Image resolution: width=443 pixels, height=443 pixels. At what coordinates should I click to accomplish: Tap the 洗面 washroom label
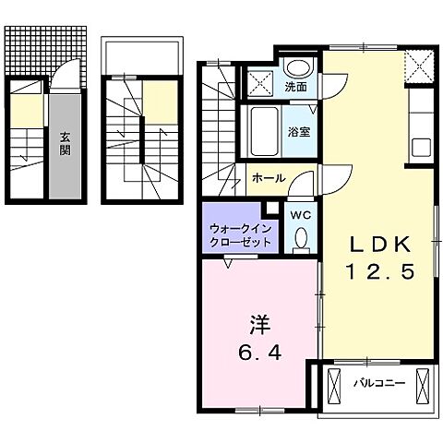point(295,88)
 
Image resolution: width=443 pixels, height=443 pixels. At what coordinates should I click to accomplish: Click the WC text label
point(300,213)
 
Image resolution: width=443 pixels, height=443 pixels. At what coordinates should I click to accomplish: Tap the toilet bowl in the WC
point(300,239)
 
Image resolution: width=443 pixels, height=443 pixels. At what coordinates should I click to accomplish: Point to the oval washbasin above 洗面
point(297,68)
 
